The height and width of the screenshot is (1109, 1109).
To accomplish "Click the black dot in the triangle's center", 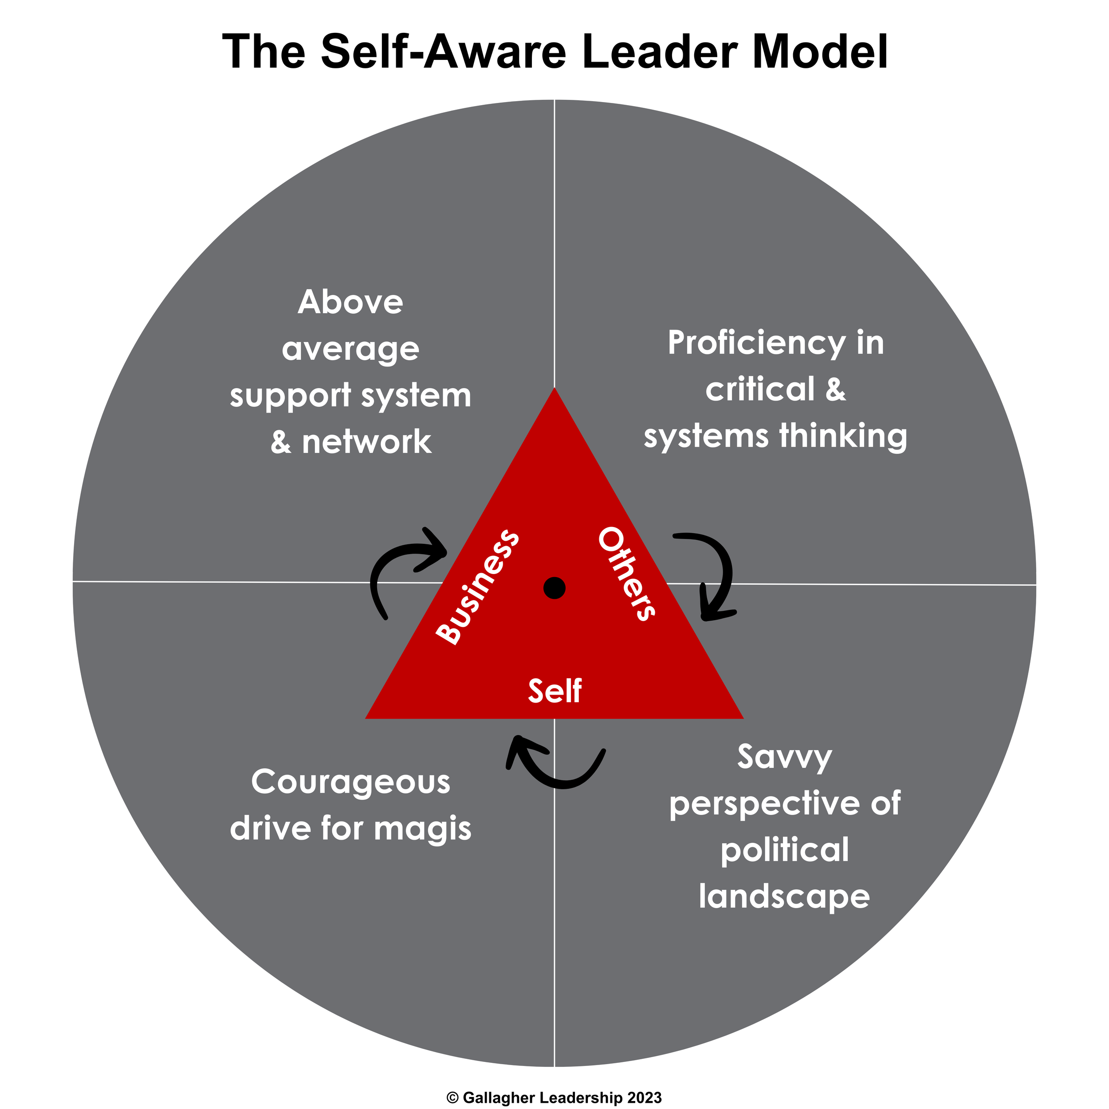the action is point(554,588).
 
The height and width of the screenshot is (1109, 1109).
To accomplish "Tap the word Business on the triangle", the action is point(478,586).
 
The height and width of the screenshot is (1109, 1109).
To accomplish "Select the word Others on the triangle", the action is point(626,574).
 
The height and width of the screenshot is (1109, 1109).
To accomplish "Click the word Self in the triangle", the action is point(554,691).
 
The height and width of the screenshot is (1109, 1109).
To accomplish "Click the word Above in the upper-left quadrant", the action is point(350,302).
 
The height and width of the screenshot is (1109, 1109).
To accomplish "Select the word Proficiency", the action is point(756,344).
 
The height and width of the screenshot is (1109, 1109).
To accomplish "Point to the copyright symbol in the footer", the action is point(452,1097).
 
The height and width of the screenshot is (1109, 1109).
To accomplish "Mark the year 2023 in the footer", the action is point(644,1097).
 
